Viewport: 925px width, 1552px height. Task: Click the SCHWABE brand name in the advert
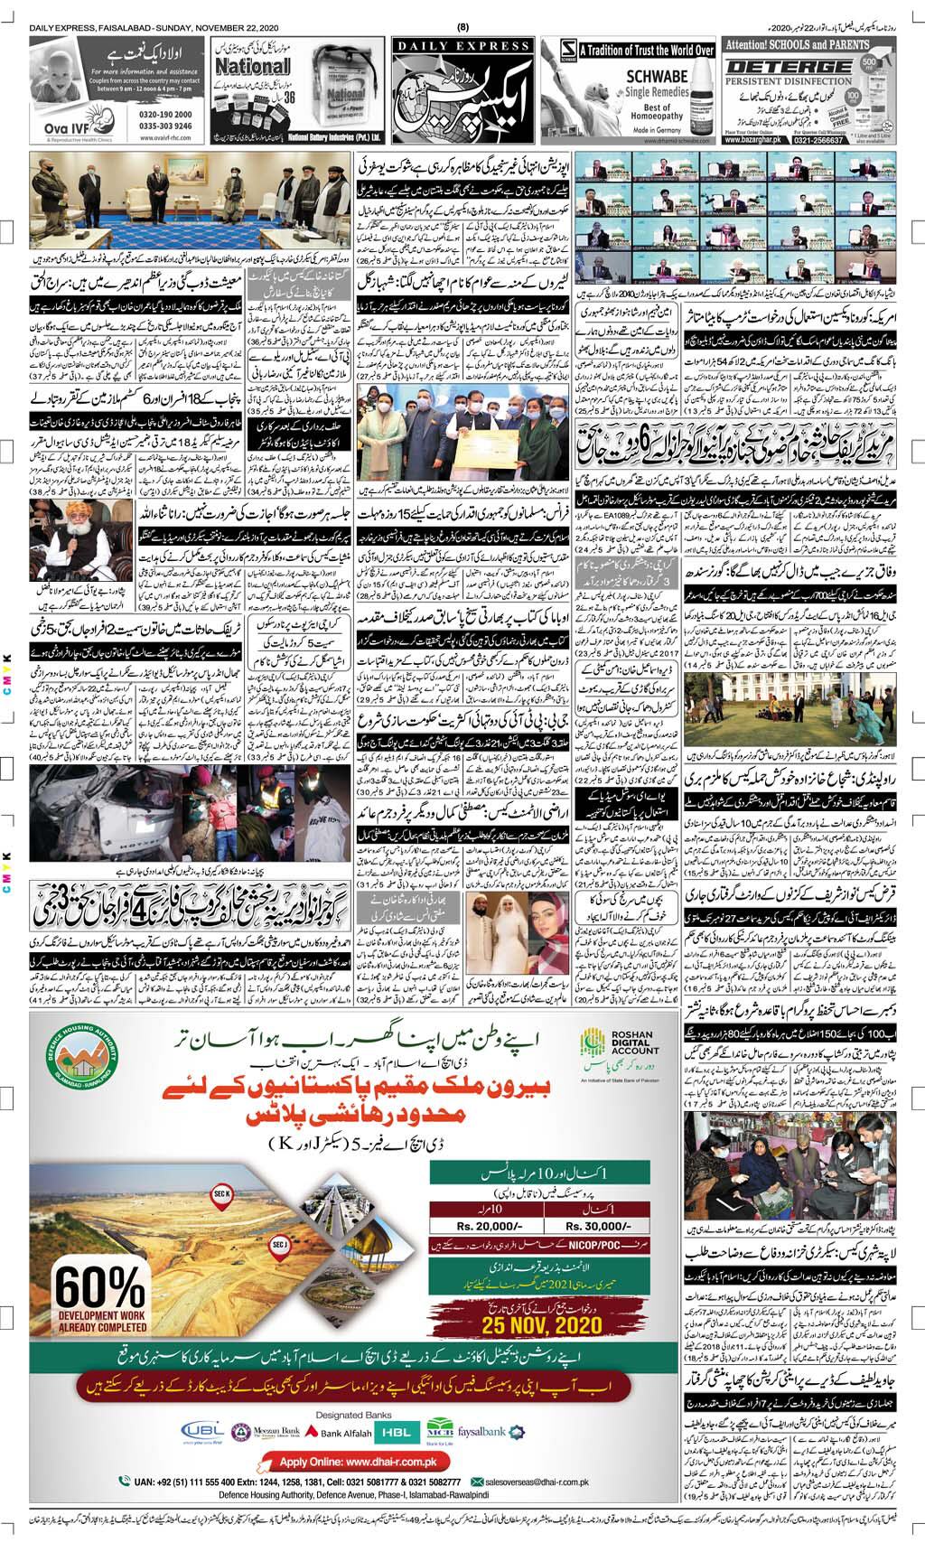pyautogui.click(x=639, y=79)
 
